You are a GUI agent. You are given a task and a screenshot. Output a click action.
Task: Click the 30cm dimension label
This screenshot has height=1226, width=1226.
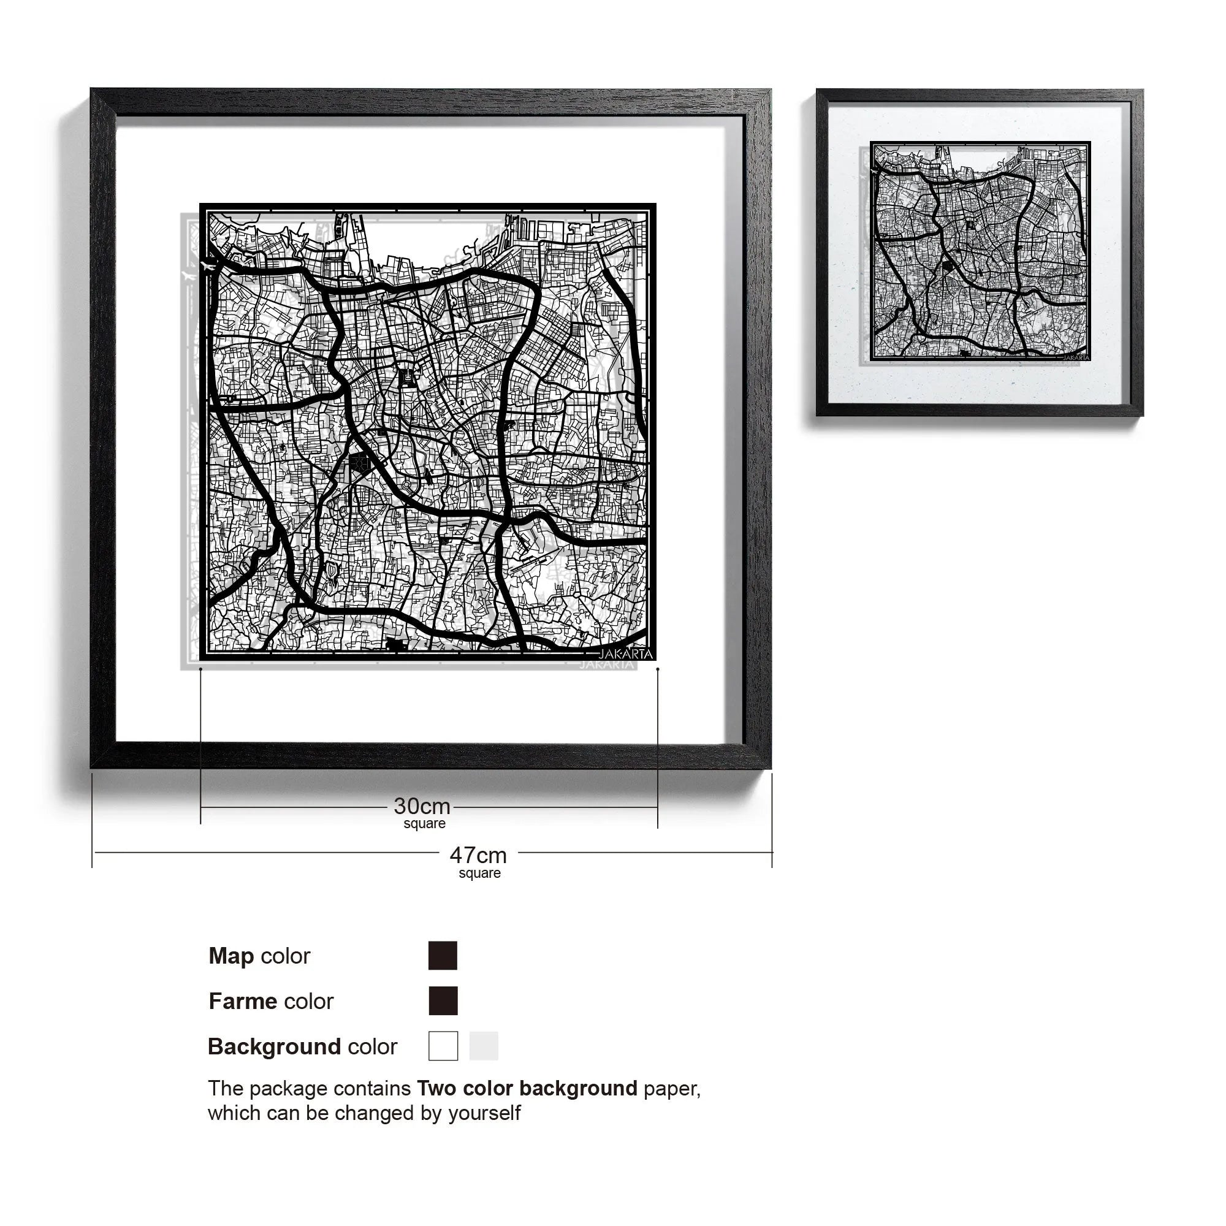click(x=422, y=807)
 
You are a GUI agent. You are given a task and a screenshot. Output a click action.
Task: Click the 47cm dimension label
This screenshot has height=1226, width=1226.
click(x=478, y=855)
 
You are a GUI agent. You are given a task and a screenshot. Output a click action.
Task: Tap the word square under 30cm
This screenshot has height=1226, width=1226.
click(x=425, y=824)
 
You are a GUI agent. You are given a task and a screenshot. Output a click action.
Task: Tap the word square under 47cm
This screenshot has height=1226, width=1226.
click(x=480, y=873)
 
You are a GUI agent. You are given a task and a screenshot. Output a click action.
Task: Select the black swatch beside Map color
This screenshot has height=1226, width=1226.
click(x=443, y=956)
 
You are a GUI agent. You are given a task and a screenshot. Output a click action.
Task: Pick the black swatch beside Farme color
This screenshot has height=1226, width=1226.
click(x=443, y=1001)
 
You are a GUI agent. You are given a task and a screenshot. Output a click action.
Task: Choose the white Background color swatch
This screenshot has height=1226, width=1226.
click(x=443, y=1046)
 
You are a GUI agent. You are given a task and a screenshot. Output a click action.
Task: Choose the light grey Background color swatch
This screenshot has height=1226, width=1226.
click(x=484, y=1046)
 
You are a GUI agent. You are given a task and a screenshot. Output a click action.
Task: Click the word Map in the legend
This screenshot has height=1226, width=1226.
click(x=231, y=956)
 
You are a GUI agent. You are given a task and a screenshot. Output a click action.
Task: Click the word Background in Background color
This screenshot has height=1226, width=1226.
click(x=275, y=1046)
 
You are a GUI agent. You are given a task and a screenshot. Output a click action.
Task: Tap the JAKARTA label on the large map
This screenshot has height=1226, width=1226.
click(x=625, y=653)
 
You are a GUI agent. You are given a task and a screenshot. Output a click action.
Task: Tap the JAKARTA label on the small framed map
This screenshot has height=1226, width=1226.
click(x=1076, y=357)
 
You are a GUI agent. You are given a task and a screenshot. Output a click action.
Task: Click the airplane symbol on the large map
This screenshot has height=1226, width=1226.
click(x=207, y=265)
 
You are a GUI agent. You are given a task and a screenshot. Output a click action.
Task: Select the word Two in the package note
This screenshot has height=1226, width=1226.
click(x=436, y=1089)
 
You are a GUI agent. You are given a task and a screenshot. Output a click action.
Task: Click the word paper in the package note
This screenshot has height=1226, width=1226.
click(x=671, y=1089)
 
